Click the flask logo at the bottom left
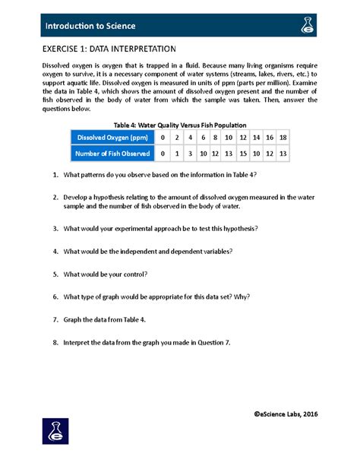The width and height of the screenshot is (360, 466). click(56, 432)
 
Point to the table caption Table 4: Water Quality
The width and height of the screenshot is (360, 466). click(179, 125)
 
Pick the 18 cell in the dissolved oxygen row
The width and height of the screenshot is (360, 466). click(283, 138)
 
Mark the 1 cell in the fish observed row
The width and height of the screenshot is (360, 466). click(176, 154)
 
